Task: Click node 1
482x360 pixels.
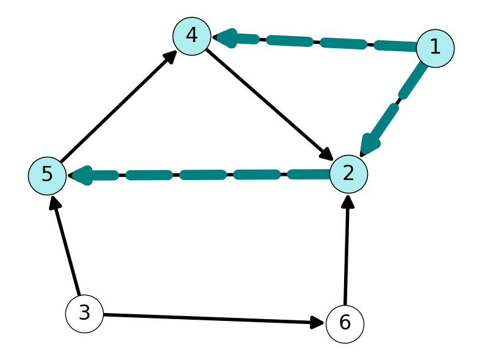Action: (435, 48)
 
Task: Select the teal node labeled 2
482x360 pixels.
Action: (348, 174)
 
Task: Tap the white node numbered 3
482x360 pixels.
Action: (85, 314)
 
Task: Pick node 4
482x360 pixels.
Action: (192, 36)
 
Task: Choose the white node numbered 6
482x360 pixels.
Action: (345, 324)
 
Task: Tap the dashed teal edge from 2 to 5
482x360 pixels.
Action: (198, 175)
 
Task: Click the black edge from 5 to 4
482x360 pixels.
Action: (118, 107)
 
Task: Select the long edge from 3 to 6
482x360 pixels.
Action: (214, 319)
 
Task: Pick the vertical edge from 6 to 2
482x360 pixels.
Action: (347, 250)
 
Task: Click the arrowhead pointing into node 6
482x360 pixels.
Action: (317, 323)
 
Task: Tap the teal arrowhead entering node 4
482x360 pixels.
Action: (225, 38)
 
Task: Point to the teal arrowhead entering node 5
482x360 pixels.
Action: (80, 176)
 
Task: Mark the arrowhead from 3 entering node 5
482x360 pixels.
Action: (55, 203)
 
